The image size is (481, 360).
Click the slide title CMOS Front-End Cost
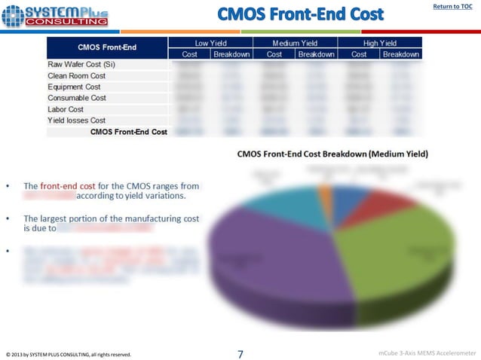coord(300,14)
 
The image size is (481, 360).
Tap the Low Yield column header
coord(213,43)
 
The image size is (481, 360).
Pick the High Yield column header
coord(379,43)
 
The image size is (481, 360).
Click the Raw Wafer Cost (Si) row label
coord(81,64)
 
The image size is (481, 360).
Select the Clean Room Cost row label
coord(76,75)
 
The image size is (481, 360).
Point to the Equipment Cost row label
coord(74,87)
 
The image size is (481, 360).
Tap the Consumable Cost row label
coord(77,98)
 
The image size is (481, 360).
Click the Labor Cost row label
coord(67,109)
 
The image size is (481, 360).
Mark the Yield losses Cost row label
coord(77,121)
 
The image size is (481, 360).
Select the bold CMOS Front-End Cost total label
coord(128,132)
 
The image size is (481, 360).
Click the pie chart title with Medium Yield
coord(332,154)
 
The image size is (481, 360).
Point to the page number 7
coord(240,353)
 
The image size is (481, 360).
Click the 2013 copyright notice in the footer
coord(69,354)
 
